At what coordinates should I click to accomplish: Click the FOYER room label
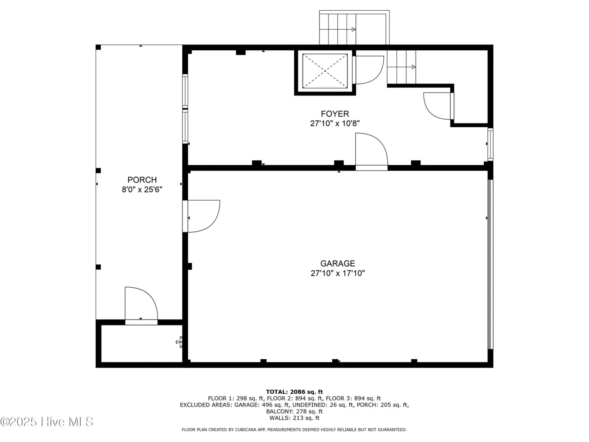coord(335,114)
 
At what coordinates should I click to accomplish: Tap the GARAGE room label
coord(337,263)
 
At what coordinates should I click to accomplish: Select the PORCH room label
coord(142,180)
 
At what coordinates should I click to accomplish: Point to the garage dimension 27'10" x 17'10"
coord(337,273)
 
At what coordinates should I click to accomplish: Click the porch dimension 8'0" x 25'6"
coord(142,189)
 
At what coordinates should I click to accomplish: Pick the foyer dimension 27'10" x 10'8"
coord(335,124)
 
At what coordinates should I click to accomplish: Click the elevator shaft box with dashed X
coord(325,71)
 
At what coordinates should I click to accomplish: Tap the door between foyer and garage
coord(372,152)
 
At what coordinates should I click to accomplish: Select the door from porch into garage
coord(201,216)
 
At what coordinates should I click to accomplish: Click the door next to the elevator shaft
coord(368,70)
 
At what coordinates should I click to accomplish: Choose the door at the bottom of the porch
coord(141,306)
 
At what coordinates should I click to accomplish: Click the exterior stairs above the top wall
coord(354,28)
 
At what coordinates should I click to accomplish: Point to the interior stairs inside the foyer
coord(401,67)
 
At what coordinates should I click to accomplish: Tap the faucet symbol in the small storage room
coord(179,342)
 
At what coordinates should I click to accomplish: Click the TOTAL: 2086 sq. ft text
coord(294,392)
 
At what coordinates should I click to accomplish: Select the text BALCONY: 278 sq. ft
coord(294,411)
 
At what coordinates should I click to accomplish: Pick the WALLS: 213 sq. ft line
coord(294,418)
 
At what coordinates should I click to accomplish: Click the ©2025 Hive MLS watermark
coord(47,422)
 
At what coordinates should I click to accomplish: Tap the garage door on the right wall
coord(490,264)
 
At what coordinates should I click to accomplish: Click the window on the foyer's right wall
coord(490,144)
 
